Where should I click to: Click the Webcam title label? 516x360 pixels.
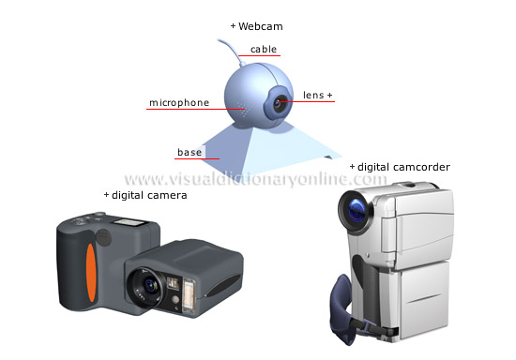260,26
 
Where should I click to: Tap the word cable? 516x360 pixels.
263,50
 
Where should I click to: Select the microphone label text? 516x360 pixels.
178,102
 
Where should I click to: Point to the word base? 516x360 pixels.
190,152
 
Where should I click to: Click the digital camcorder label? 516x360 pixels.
403,167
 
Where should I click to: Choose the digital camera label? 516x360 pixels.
148,195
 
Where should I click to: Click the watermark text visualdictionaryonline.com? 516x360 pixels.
255,179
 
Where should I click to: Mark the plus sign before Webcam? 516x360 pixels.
233,26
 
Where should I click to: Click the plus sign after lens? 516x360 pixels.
330,96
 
